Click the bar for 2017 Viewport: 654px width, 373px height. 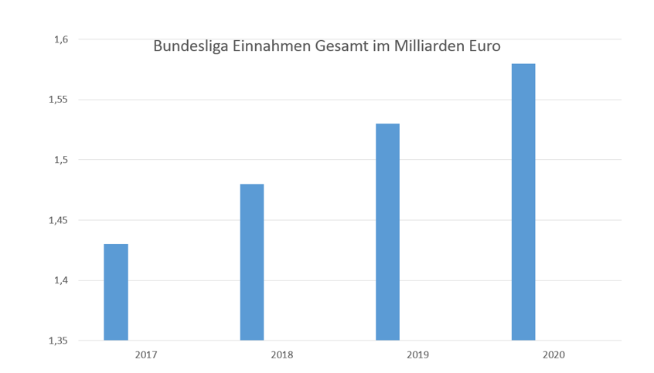tap(116, 292)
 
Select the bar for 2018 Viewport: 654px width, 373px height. tap(252, 262)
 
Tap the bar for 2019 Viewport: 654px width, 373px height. tap(387, 232)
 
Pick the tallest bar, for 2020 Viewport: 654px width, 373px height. tap(523, 202)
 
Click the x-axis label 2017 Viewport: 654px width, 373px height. tap(146, 355)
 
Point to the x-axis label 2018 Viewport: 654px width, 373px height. tap(281, 355)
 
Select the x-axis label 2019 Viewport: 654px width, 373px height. tap(417, 355)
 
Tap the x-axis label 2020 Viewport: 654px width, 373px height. tap(554, 355)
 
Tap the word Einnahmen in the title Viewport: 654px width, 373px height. tap(271, 46)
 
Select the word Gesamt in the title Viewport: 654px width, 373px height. tap(343, 46)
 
